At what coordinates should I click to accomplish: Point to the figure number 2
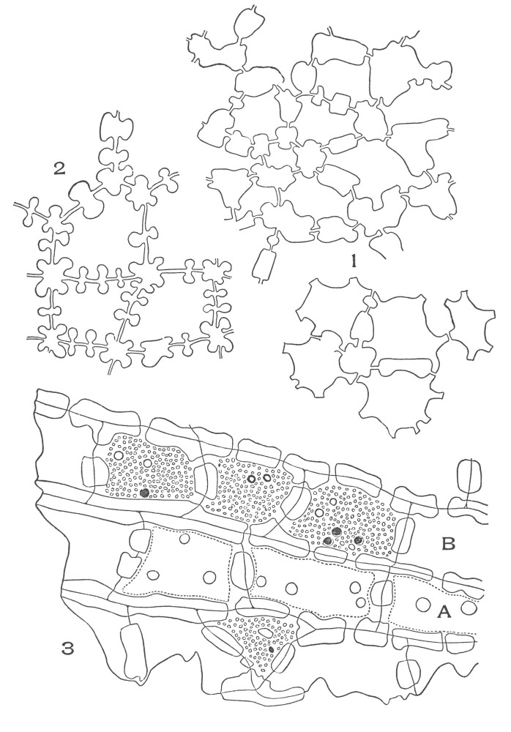[59, 169]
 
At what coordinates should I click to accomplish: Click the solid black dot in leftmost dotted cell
[144, 493]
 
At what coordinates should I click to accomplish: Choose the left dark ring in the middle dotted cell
[253, 479]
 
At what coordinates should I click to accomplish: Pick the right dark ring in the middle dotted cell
[266, 477]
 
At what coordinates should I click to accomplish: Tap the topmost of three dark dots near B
[335, 531]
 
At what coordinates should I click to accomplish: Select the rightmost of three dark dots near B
[358, 540]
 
